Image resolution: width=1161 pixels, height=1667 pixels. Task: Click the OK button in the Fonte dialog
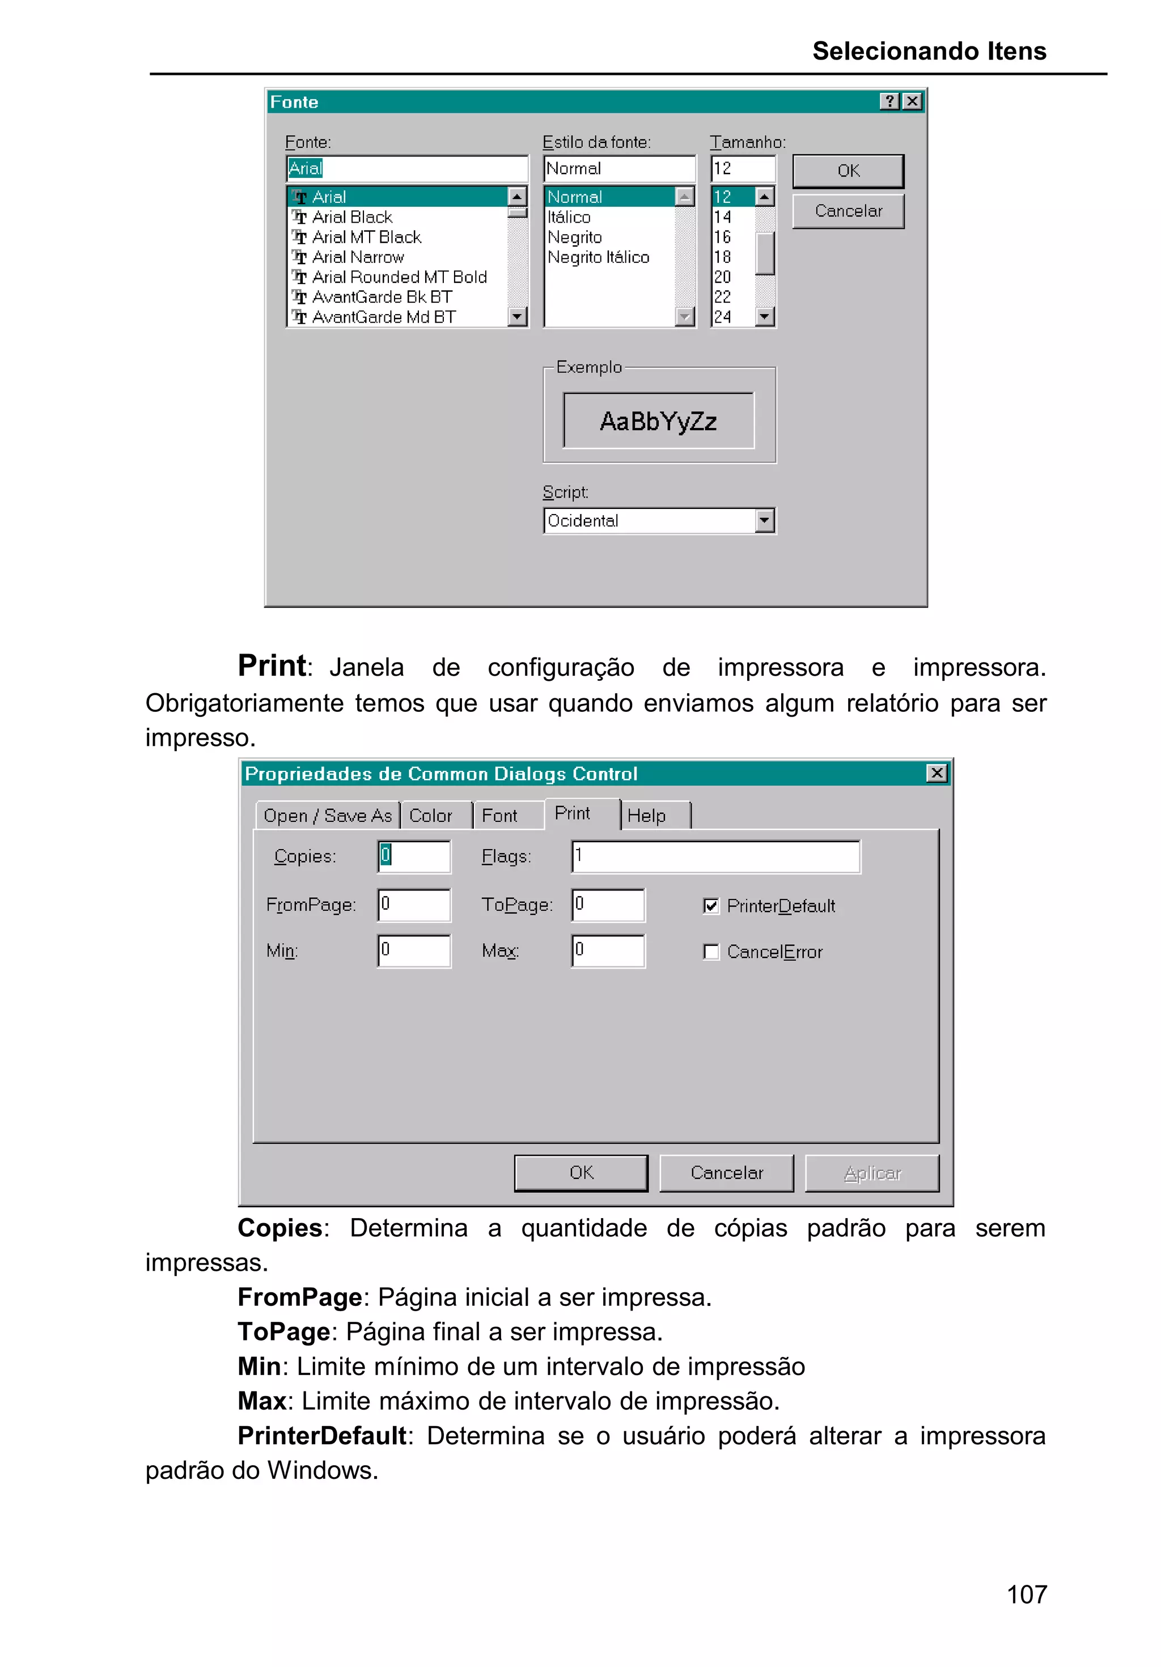[x=848, y=171]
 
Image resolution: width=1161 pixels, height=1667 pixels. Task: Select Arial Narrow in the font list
[x=357, y=257]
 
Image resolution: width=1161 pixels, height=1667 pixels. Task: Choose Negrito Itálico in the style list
[x=598, y=257]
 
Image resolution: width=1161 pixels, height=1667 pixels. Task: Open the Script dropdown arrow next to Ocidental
[x=764, y=520]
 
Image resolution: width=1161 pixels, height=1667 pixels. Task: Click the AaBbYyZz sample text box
[x=658, y=421]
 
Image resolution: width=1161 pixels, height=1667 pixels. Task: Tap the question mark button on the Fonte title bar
[x=889, y=101]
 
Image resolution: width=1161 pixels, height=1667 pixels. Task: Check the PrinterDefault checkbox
[x=711, y=905]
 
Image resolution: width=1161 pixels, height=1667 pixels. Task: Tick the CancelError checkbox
[x=711, y=952]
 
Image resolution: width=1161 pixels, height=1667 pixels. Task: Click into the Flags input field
[x=715, y=856]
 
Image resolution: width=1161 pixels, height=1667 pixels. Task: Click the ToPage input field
[x=608, y=905]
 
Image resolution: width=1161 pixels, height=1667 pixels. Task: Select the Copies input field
[x=414, y=856]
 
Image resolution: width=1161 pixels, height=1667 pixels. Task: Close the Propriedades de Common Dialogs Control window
[x=937, y=773]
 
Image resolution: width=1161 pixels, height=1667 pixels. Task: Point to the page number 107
[x=1026, y=1594]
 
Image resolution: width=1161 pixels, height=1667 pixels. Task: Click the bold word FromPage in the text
[x=300, y=1297]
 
